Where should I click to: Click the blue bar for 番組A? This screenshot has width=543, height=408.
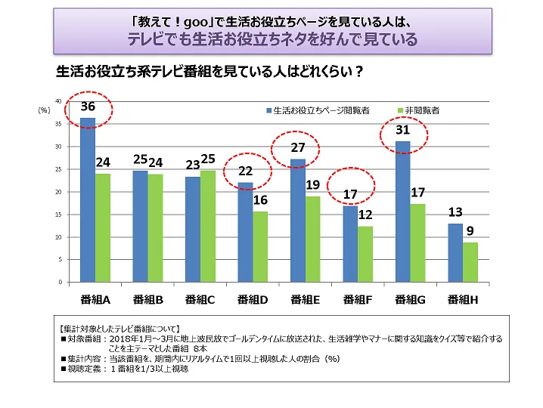tap(88, 200)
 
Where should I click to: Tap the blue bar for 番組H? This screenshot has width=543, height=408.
tap(455, 252)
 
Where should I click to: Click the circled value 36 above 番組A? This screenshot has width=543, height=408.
tap(88, 108)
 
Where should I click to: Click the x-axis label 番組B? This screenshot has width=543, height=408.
tap(148, 299)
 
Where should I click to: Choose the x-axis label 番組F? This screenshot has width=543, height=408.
tap(358, 299)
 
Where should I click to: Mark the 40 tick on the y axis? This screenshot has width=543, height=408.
tap(59, 101)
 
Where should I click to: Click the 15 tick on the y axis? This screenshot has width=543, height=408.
tap(59, 215)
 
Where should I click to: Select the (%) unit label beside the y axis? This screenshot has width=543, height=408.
tap(44, 110)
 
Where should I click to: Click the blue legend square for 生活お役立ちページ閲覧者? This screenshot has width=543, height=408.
tap(268, 110)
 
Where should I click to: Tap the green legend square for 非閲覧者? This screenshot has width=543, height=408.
tap(400, 110)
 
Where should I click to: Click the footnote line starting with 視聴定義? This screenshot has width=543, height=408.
tap(125, 369)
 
